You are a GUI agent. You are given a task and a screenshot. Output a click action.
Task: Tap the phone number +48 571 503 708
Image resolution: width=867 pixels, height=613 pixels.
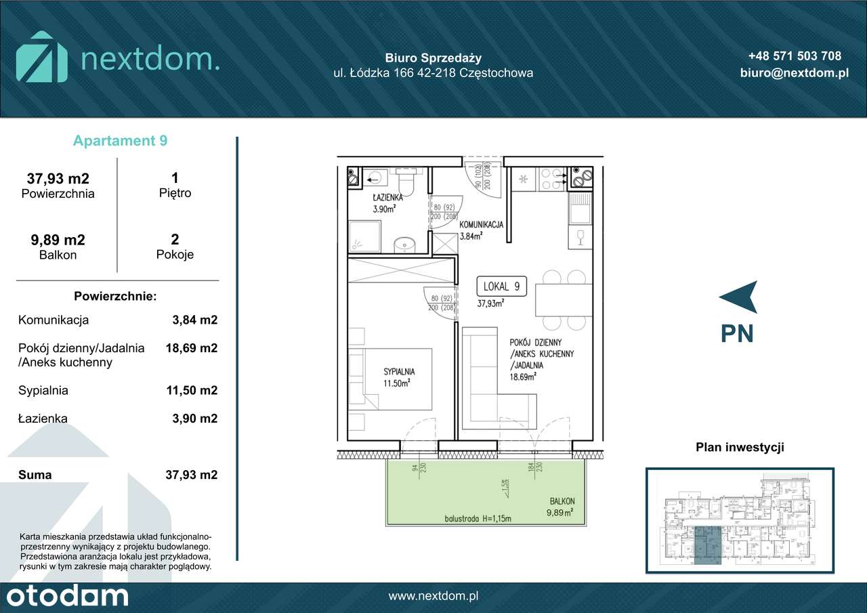(795, 56)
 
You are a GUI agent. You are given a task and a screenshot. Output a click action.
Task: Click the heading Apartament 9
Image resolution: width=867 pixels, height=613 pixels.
(120, 141)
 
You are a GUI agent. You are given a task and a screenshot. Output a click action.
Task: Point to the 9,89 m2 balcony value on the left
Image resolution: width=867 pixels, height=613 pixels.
(58, 240)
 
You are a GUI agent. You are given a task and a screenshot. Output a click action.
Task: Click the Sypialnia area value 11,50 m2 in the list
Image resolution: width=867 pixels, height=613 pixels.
(192, 390)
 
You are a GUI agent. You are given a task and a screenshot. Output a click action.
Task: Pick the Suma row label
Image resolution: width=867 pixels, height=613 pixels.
(35, 475)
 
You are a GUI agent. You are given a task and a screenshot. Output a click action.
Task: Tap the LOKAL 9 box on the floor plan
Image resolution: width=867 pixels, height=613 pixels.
(502, 287)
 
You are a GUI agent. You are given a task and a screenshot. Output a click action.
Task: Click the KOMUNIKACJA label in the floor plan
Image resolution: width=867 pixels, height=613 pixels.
(480, 225)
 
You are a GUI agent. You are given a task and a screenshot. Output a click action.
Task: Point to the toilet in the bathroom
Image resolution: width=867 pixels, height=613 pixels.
(407, 182)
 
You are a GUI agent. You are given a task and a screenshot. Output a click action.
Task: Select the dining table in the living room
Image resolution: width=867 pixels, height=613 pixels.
(564, 300)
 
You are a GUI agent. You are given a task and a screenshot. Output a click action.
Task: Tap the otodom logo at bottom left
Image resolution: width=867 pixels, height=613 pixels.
(64, 596)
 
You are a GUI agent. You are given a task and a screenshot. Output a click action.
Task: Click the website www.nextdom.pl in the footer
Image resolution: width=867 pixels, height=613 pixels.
(433, 596)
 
